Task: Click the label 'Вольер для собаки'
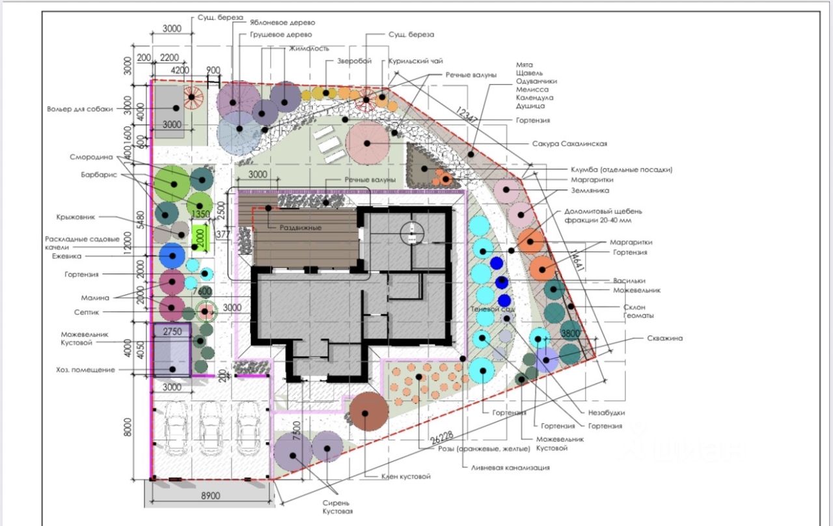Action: pyautogui.click(x=80, y=109)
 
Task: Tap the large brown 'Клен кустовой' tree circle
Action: pyautogui.click(x=368, y=412)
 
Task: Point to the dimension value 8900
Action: pyautogui.click(x=211, y=495)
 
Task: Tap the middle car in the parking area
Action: pyautogui.click(x=210, y=428)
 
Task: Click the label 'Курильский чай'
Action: pyautogui.click(x=416, y=61)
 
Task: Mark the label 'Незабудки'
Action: pyautogui.click(x=607, y=413)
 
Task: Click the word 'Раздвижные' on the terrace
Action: pyautogui.click(x=301, y=228)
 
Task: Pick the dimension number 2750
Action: pyautogui.click(x=172, y=331)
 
